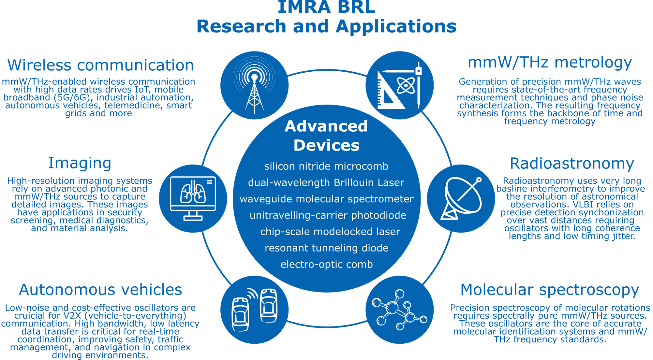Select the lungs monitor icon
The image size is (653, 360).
click(193, 198)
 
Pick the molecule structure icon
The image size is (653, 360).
click(400, 310)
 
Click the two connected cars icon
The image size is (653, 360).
click(254, 310)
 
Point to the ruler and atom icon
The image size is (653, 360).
click(400, 85)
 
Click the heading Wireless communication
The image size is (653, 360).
click(101, 65)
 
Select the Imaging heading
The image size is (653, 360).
click(80, 163)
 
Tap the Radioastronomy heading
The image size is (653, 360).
click(572, 163)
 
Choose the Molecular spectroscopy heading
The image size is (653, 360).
click(550, 290)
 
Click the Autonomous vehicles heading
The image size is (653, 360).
click(100, 289)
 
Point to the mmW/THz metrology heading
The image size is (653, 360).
click(550, 63)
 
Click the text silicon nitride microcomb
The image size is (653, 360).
click(326, 166)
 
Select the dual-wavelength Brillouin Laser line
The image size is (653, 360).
click(326, 183)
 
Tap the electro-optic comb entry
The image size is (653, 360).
click(327, 264)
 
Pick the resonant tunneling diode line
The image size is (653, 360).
click(326, 248)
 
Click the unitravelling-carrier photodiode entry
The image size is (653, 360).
click(328, 215)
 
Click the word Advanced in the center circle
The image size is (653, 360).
click(326, 126)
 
